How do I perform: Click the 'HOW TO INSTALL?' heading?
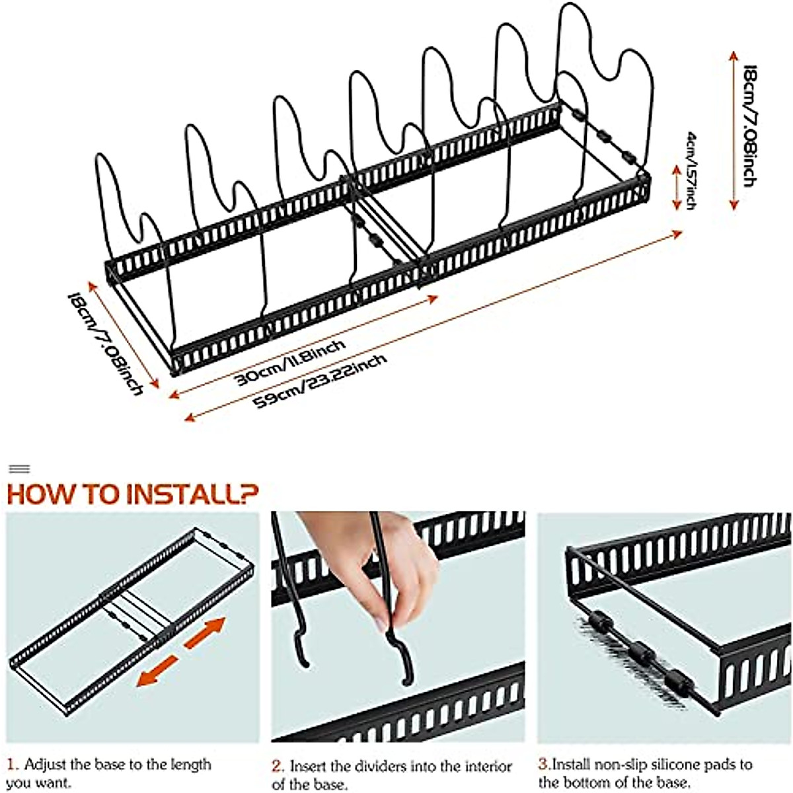tap(132, 493)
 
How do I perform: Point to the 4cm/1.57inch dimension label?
tap(691, 170)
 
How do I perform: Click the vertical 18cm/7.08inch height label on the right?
tap(749, 126)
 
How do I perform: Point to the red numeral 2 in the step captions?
tap(278, 767)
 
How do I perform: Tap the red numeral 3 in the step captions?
tap(543, 765)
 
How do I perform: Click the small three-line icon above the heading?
tap(20, 469)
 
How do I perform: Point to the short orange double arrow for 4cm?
tap(676, 187)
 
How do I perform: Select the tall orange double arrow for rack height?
tap(733, 130)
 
